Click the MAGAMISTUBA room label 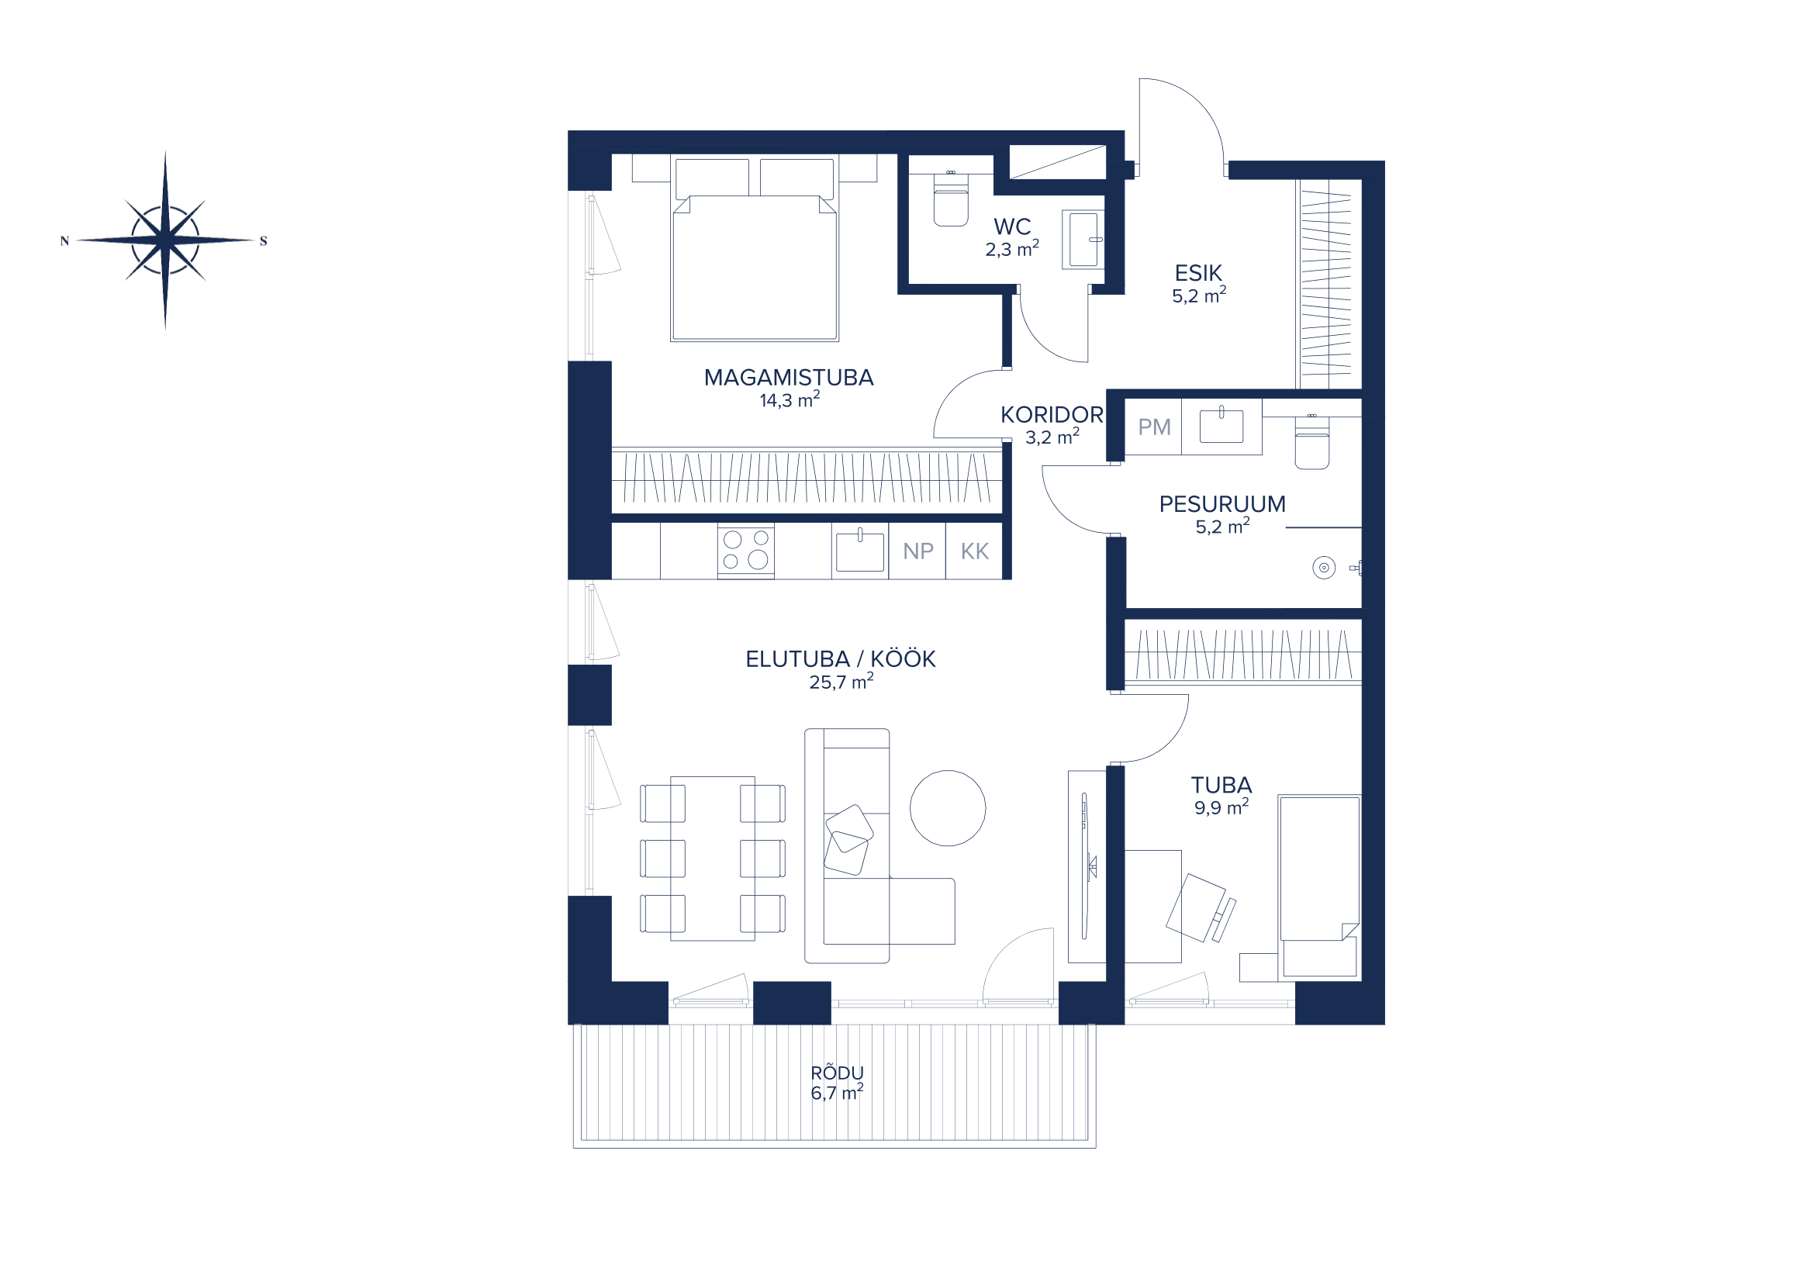pyautogui.click(x=789, y=378)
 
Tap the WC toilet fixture pyautogui.click(x=951, y=199)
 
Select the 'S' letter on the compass pyautogui.click(x=263, y=241)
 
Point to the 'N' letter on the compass pyautogui.click(x=65, y=241)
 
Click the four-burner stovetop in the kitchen pyautogui.click(x=746, y=550)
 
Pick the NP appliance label pyautogui.click(x=918, y=551)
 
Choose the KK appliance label pyautogui.click(x=975, y=551)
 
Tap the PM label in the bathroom pyautogui.click(x=1154, y=427)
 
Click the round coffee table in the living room pyautogui.click(x=947, y=808)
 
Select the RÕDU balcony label pyautogui.click(x=838, y=1073)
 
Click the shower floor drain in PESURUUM pyautogui.click(x=1324, y=567)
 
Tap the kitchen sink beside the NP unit pyautogui.click(x=859, y=551)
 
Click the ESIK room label pyautogui.click(x=1198, y=273)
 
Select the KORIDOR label pyautogui.click(x=1052, y=415)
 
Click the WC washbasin pyautogui.click(x=1083, y=240)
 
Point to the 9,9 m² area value pyautogui.click(x=1221, y=807)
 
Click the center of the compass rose pyautogui.click(x=165, y=240)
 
